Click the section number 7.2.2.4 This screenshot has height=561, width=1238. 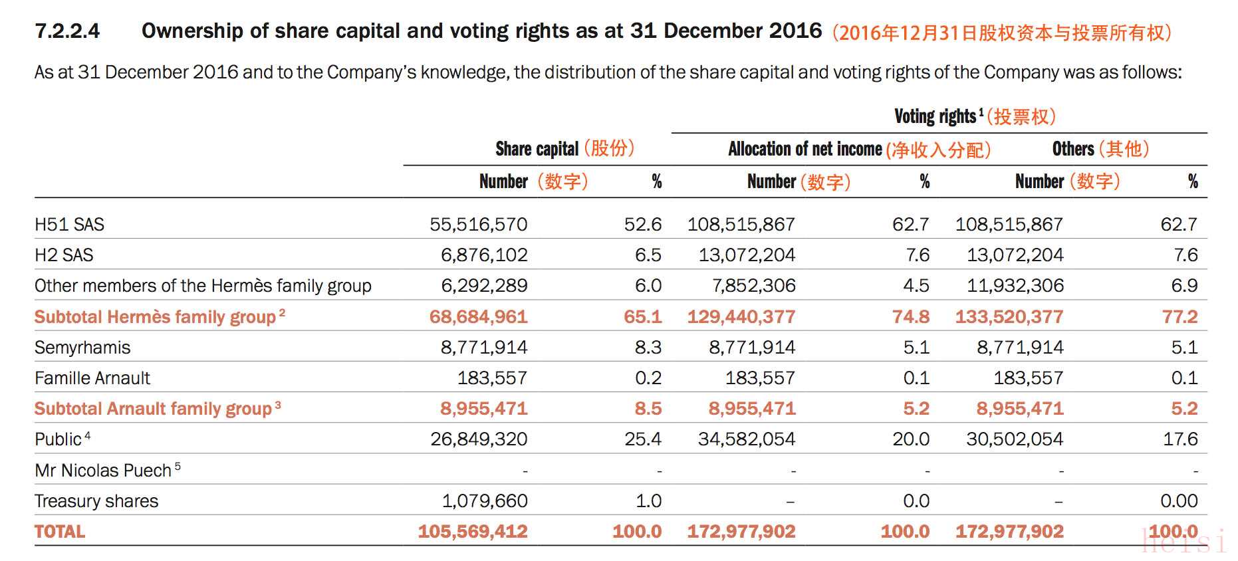[x=67, y=31]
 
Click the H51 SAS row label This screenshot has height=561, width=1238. [x=69, y=225]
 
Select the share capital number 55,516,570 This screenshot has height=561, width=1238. [x=479, y=225]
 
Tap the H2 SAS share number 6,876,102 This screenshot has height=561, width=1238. [x=484, y=255]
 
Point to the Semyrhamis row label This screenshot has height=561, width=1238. [x=82, y=348]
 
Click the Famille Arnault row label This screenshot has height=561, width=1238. [x=92, y=378]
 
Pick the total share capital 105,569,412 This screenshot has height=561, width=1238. [x=473, y=532]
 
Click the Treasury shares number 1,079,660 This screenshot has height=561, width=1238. [x=485, y=501]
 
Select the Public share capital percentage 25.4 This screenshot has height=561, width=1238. [x=643, y=439]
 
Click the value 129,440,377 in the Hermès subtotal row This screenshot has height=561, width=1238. [x=741, y=317]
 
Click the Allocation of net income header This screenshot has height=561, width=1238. [x=805, y=149]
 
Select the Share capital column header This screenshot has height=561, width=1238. [x=537, y=149]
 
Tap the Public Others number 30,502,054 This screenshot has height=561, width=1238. [x=1015, y=439]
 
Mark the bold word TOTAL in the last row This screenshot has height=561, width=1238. [x=60, y=532]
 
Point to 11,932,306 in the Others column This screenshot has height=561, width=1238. [x=1015, y=286]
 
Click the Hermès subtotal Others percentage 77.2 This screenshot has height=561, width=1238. [x=1179, y=317]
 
